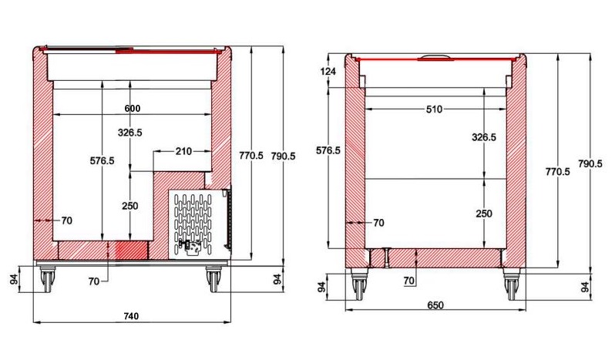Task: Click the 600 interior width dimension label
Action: pos(133,108)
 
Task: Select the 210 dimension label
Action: pos(183,151)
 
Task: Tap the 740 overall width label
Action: pos(131,316)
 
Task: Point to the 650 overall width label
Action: pos(435,305)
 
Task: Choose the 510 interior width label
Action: pos(434,109)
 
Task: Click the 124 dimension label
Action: pos(328,72)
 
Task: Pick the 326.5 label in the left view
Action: pos(130,133)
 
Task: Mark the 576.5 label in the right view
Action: pos(328,150)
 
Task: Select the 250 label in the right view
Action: pos(484,214)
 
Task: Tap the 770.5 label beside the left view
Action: pos(251,155)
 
